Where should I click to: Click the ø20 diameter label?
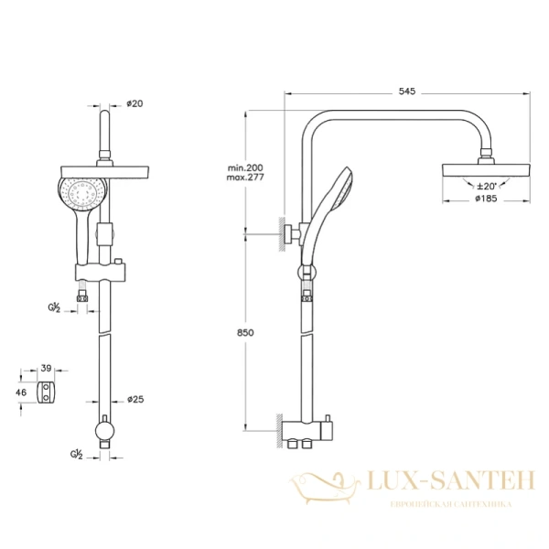click(135, 104)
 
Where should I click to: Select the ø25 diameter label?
click(135, 400)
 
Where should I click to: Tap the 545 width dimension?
click(407, 91)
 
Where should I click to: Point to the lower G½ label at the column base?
click(78, 453)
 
